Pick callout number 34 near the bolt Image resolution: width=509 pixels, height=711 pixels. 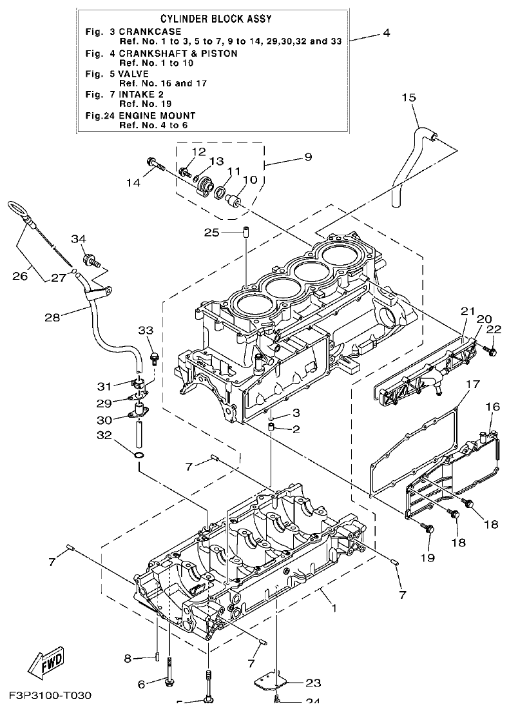click(78, 240)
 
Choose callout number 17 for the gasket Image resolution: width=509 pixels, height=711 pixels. click(472, 385)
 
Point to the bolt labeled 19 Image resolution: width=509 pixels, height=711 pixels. click(427, 529)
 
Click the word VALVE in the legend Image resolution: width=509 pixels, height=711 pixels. click(135, 73)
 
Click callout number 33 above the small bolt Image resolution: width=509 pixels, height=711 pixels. click(146, 330)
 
